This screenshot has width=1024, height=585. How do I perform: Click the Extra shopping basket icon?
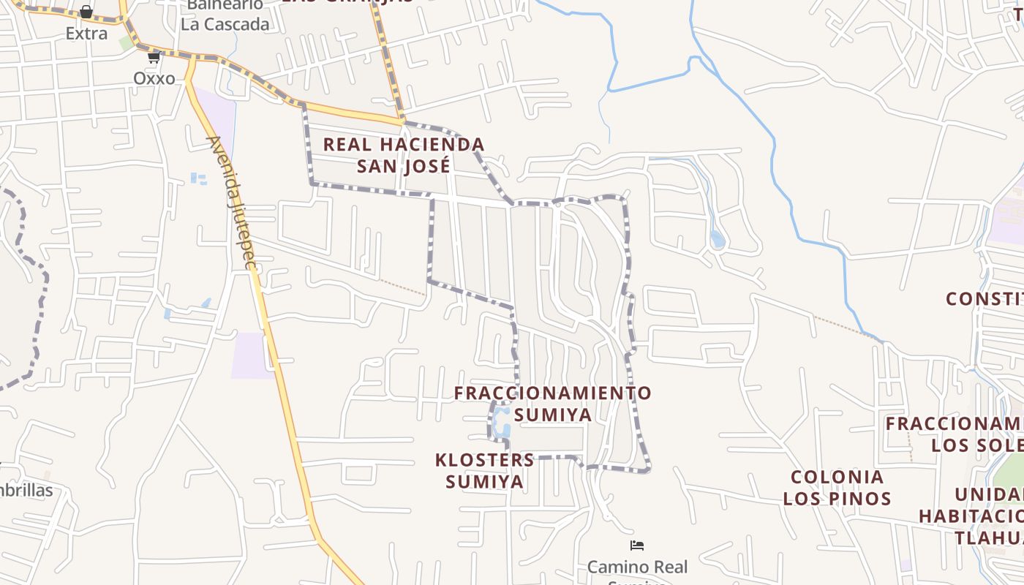click(86, 12)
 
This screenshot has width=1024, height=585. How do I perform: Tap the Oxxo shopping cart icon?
click(154, 57)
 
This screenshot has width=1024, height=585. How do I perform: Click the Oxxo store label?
click(154, 78)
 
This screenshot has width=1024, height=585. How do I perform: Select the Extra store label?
click(86, 34)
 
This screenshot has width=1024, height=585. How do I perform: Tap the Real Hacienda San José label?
click(404, 155)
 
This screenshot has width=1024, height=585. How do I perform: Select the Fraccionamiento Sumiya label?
click(552, 404)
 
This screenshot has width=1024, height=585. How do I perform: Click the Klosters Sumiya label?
click(485, 470)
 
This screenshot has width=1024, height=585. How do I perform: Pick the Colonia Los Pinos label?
click(837, 488)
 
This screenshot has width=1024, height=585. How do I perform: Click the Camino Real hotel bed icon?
click(637, 546)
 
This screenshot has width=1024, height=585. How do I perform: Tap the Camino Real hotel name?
click(638, 567)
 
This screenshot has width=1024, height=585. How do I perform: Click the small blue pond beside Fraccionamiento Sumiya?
click(502, 423)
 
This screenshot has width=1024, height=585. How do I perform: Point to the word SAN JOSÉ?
click(404, 166)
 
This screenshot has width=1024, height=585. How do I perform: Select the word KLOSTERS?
click(485, 460)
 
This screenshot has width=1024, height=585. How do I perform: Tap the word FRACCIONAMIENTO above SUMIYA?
click(552, 393)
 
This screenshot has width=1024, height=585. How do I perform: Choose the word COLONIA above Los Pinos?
click(837, 478)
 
